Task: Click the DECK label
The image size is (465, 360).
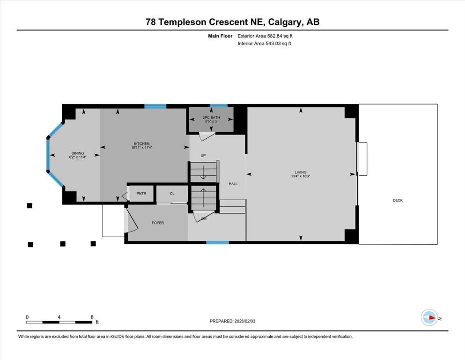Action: point(398,200)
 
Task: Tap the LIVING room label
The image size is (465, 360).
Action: point(300,172)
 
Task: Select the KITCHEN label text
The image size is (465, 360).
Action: point(141,143)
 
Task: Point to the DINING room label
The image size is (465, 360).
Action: point(78,153)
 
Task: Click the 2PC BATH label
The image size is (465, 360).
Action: point(211,118)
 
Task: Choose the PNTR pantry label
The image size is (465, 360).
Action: point(141,193)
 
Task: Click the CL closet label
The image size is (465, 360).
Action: point(172,193)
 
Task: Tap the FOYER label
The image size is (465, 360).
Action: point(158,223)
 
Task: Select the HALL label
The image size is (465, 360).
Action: point(233,184)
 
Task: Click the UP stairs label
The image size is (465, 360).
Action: point(203,155)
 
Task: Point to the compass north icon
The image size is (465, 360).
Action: point(429,317)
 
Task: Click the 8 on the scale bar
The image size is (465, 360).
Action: point(92,317)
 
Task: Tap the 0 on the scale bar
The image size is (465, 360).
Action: point(27,317)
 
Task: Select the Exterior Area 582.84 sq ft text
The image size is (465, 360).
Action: point(266,36)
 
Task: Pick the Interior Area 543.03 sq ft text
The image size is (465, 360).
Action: point(265,44)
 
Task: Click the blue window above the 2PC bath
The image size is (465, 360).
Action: point(218,106)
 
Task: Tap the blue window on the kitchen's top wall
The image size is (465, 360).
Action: point(155,106)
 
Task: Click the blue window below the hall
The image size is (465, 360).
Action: point(218,242)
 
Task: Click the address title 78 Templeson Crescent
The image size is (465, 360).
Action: point(232,22)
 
